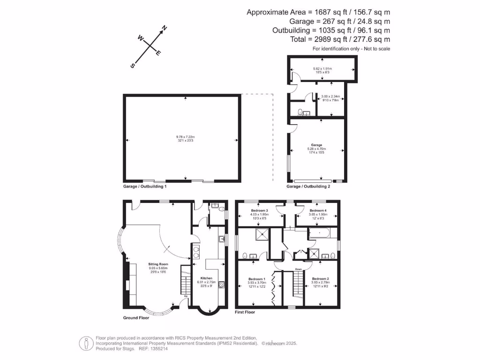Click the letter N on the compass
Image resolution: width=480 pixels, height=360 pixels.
tap(165, 29)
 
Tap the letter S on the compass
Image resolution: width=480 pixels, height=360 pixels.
tap(133, 66)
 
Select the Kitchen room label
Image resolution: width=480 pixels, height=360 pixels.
tap(206, 278)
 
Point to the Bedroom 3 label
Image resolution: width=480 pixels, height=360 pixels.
tap(259, 211)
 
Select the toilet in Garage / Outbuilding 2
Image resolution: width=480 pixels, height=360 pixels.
tap(299, 112)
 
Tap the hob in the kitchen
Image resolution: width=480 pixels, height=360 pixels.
tap(221, 284)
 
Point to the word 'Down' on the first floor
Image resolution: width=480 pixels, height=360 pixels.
tap(298, 269)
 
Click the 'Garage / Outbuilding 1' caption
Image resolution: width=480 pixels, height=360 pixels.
tap(145, 186)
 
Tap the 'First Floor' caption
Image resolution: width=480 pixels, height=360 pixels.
tap(244, 312)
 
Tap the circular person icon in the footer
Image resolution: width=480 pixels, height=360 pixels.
tap(85, 343)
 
